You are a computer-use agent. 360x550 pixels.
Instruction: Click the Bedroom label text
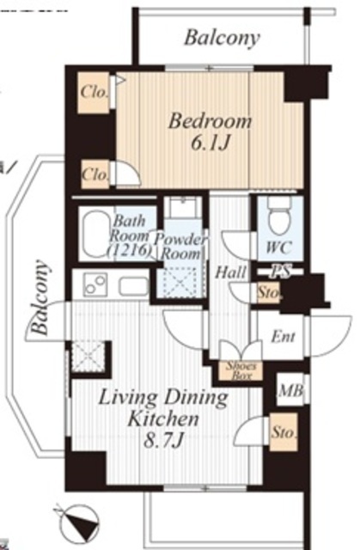coord(210,121)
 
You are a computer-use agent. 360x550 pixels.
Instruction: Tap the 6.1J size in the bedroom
coord(211,142)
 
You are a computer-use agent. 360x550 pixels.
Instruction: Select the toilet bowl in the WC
coord(280,217)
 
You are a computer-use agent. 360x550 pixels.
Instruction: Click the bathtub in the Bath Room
coord(95,233)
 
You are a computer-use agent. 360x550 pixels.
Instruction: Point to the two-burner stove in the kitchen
coord(95,284)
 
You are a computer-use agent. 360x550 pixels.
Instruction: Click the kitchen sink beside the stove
coord(133,285)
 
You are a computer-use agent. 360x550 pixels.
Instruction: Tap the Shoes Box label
coord(241,371)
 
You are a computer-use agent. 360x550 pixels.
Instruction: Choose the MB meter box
coord(290,390)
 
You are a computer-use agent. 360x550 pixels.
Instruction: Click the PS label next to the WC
coord(281,272)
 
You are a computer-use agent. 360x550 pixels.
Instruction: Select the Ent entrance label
coord(283,337)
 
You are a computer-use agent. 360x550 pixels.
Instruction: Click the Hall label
coord(230,272)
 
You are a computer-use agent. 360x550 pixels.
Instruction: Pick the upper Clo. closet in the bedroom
coord(94,93)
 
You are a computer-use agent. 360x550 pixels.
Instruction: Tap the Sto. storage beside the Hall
coord(269,292)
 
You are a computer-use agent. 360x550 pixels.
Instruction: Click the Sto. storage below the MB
coord(284,432)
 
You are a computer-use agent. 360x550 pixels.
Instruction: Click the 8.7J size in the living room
coord(163,441)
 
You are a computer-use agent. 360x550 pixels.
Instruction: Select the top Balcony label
coord(222,38)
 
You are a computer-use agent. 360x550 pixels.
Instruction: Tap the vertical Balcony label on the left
coord(39,297)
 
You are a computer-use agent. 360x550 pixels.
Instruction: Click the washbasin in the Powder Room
coord(183,208)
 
